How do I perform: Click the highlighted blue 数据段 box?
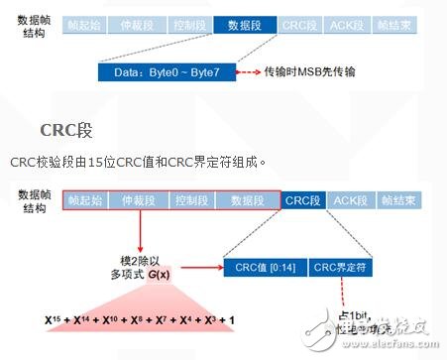pyautogui.click(x=244, y=24)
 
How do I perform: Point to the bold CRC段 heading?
pyautogui.click(x=67, y=129)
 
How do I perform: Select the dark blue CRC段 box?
pyautogui.click(x=302, y=201)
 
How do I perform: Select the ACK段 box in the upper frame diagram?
pyautogui.click(x=352, y=24)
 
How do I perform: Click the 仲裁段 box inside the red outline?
pyautogui.click(x=137, y=201)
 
